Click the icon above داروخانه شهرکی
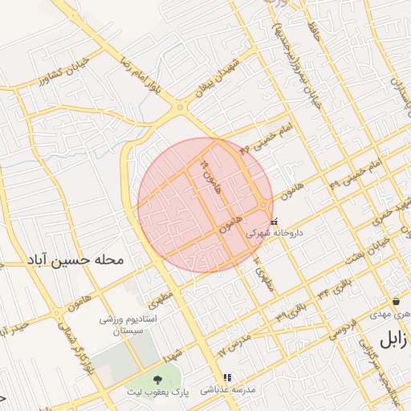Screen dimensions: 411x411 pos(275,221)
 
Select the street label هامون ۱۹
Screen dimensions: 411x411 pos(210,176)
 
